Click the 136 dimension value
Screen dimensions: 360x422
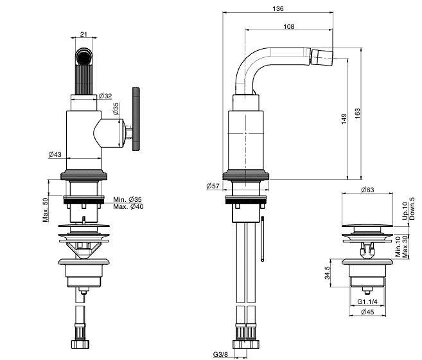(x=277, y=9)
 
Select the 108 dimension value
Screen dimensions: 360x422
(x=288, y=26)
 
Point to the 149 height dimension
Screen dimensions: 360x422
(x=344, y=118)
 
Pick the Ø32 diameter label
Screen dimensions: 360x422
(x=106, y=96)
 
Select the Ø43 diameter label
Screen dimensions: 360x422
(x=55, y=154)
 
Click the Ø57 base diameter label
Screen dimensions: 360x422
(x=213, y=185)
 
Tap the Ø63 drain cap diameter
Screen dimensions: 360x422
(x=368, y=190)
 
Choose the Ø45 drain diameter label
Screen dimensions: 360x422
(x=368, y=312)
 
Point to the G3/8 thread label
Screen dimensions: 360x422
(x=220, y=354)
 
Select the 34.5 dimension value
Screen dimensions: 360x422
(x=328, y=273)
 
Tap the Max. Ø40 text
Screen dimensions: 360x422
(x=128, y=206)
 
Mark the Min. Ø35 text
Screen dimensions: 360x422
(x=128, y=199)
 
